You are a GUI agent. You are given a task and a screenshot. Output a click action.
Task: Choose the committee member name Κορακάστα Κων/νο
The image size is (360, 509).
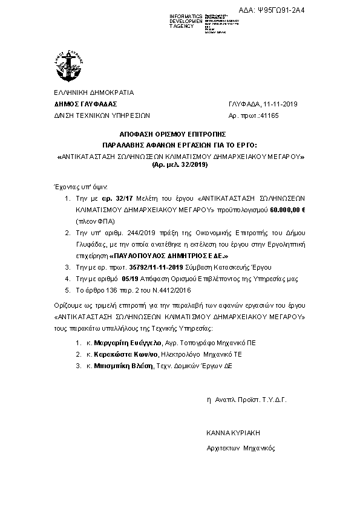tap(122, 354)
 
